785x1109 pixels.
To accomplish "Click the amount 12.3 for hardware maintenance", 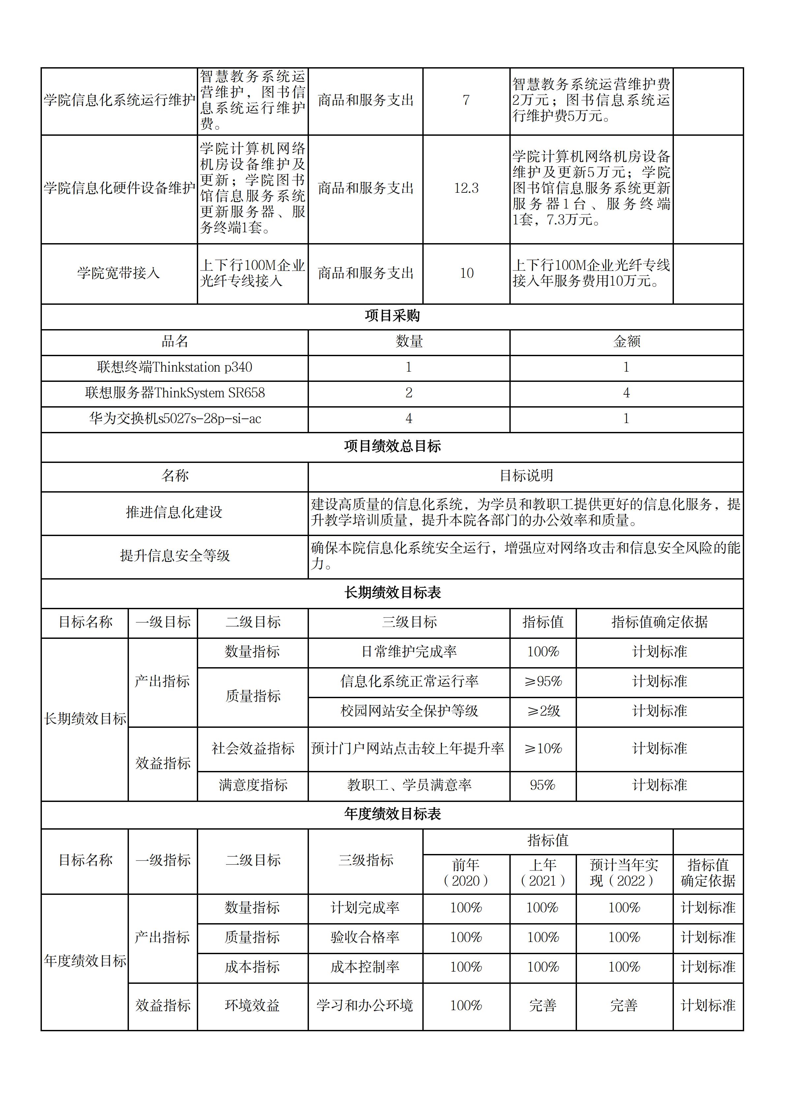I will [x=466, y=188].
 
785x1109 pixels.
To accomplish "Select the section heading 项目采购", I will [x=392, y=316].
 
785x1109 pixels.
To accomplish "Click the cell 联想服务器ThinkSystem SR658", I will [x=174, y=393].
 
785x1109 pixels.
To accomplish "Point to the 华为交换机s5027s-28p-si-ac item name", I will [x=174, y=419].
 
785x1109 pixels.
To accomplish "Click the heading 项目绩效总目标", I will [x=392, y=446].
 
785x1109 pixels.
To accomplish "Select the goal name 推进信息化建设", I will [x=174, y=512].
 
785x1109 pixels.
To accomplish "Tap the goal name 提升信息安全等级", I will [x=174, y=556].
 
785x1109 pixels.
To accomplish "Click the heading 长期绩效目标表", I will [x=392, y=593].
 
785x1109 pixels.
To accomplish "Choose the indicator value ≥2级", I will [x=543, y=711].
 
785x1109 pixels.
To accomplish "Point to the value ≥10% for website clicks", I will [x=543, y=749].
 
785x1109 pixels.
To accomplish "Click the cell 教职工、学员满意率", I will [x=409, y=785].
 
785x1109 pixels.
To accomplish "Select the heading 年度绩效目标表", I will [x=392, y=814].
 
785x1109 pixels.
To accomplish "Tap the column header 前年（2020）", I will [x=466, y=872].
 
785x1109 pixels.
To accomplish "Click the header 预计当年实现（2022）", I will [x=624, y=872].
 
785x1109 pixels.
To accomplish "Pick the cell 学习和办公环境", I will [x=365, y=1006].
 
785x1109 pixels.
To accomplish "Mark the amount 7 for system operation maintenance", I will [x=466, y=100].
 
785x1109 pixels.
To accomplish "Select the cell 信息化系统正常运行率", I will [x=409, y=682].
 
